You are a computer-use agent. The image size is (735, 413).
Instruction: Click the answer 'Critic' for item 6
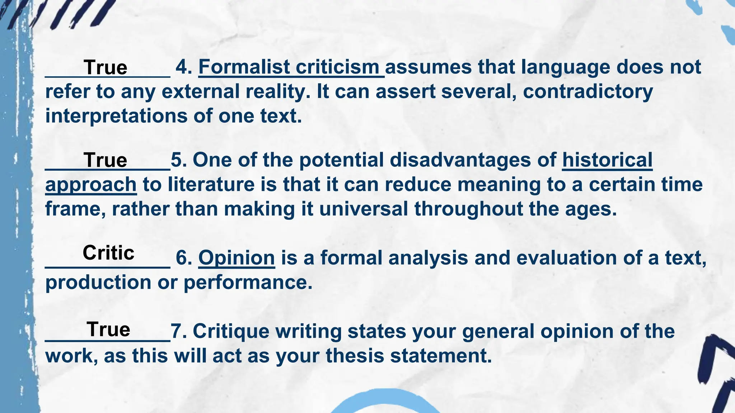click(108, 253)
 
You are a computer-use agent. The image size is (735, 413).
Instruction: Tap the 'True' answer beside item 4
click(105, 68)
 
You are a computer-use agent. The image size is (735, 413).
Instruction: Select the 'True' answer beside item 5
click(105, 160)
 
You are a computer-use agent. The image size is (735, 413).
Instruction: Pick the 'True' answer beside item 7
click(108, 329)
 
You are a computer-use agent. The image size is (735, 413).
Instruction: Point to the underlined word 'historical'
click(607, 160)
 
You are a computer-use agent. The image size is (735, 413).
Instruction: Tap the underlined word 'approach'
click(91, 185)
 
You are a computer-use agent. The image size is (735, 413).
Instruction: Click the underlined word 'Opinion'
click(237, 258)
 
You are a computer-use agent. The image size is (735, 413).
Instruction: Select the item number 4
click(183, 67)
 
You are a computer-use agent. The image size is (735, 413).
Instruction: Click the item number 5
click(178, 160)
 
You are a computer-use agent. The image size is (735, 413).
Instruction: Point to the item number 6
click(183, 258)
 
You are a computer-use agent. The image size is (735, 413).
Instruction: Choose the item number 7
click(178, 331)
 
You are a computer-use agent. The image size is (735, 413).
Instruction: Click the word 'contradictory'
click(587, 92)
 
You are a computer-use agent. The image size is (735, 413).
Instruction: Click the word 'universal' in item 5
click(364, 209)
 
